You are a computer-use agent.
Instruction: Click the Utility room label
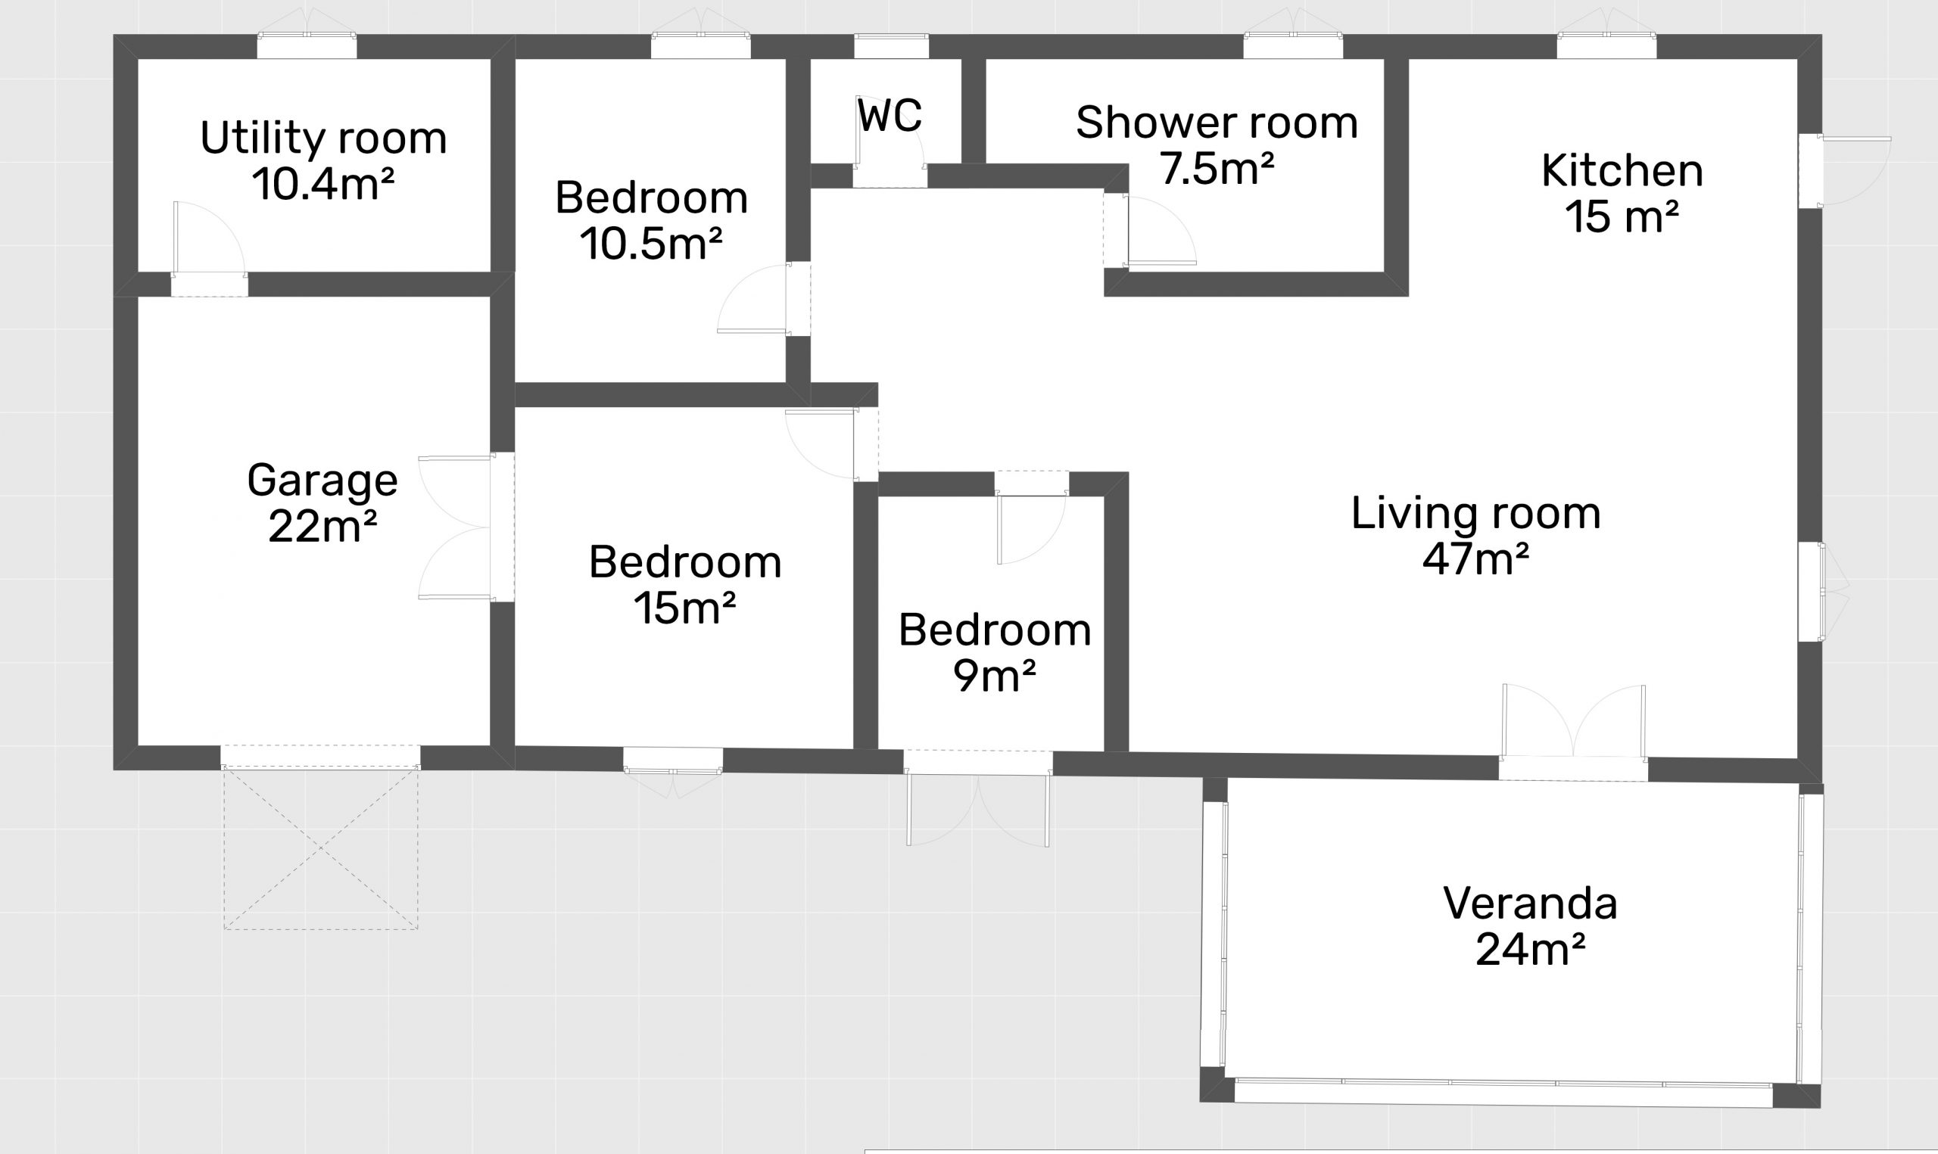323,138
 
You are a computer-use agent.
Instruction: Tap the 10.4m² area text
323,185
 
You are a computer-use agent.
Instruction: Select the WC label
890,116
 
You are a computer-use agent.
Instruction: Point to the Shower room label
1217,123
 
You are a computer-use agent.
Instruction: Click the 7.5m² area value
1217,168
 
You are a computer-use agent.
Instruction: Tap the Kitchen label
1622,170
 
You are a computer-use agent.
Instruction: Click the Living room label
1476,513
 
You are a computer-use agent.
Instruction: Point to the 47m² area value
1476,558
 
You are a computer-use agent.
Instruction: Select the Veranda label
1531,904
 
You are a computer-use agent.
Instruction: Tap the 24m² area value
1531,950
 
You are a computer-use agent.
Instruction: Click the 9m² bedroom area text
995,676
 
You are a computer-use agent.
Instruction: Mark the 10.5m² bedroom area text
652,244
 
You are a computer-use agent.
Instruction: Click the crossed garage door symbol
321,848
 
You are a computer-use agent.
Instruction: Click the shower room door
1149,230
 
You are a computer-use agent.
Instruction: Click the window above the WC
891,46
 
